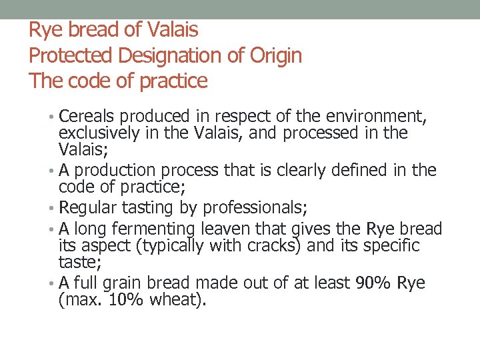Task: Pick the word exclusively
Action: click(x=99, y=133)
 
